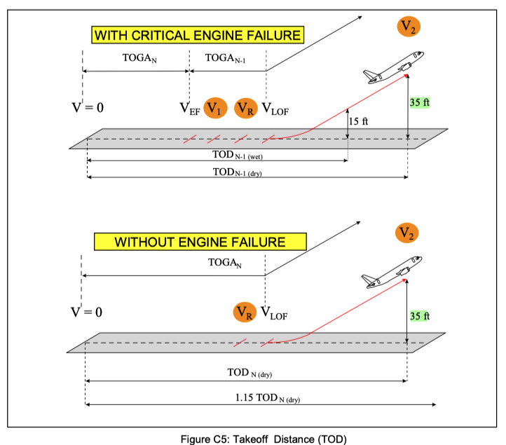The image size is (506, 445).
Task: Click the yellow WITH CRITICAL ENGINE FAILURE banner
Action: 198,35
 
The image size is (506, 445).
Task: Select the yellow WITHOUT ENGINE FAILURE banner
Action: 200,242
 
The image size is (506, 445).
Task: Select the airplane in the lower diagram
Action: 392,272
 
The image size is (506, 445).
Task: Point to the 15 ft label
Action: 359,121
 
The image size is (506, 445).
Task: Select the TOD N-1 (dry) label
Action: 237,172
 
